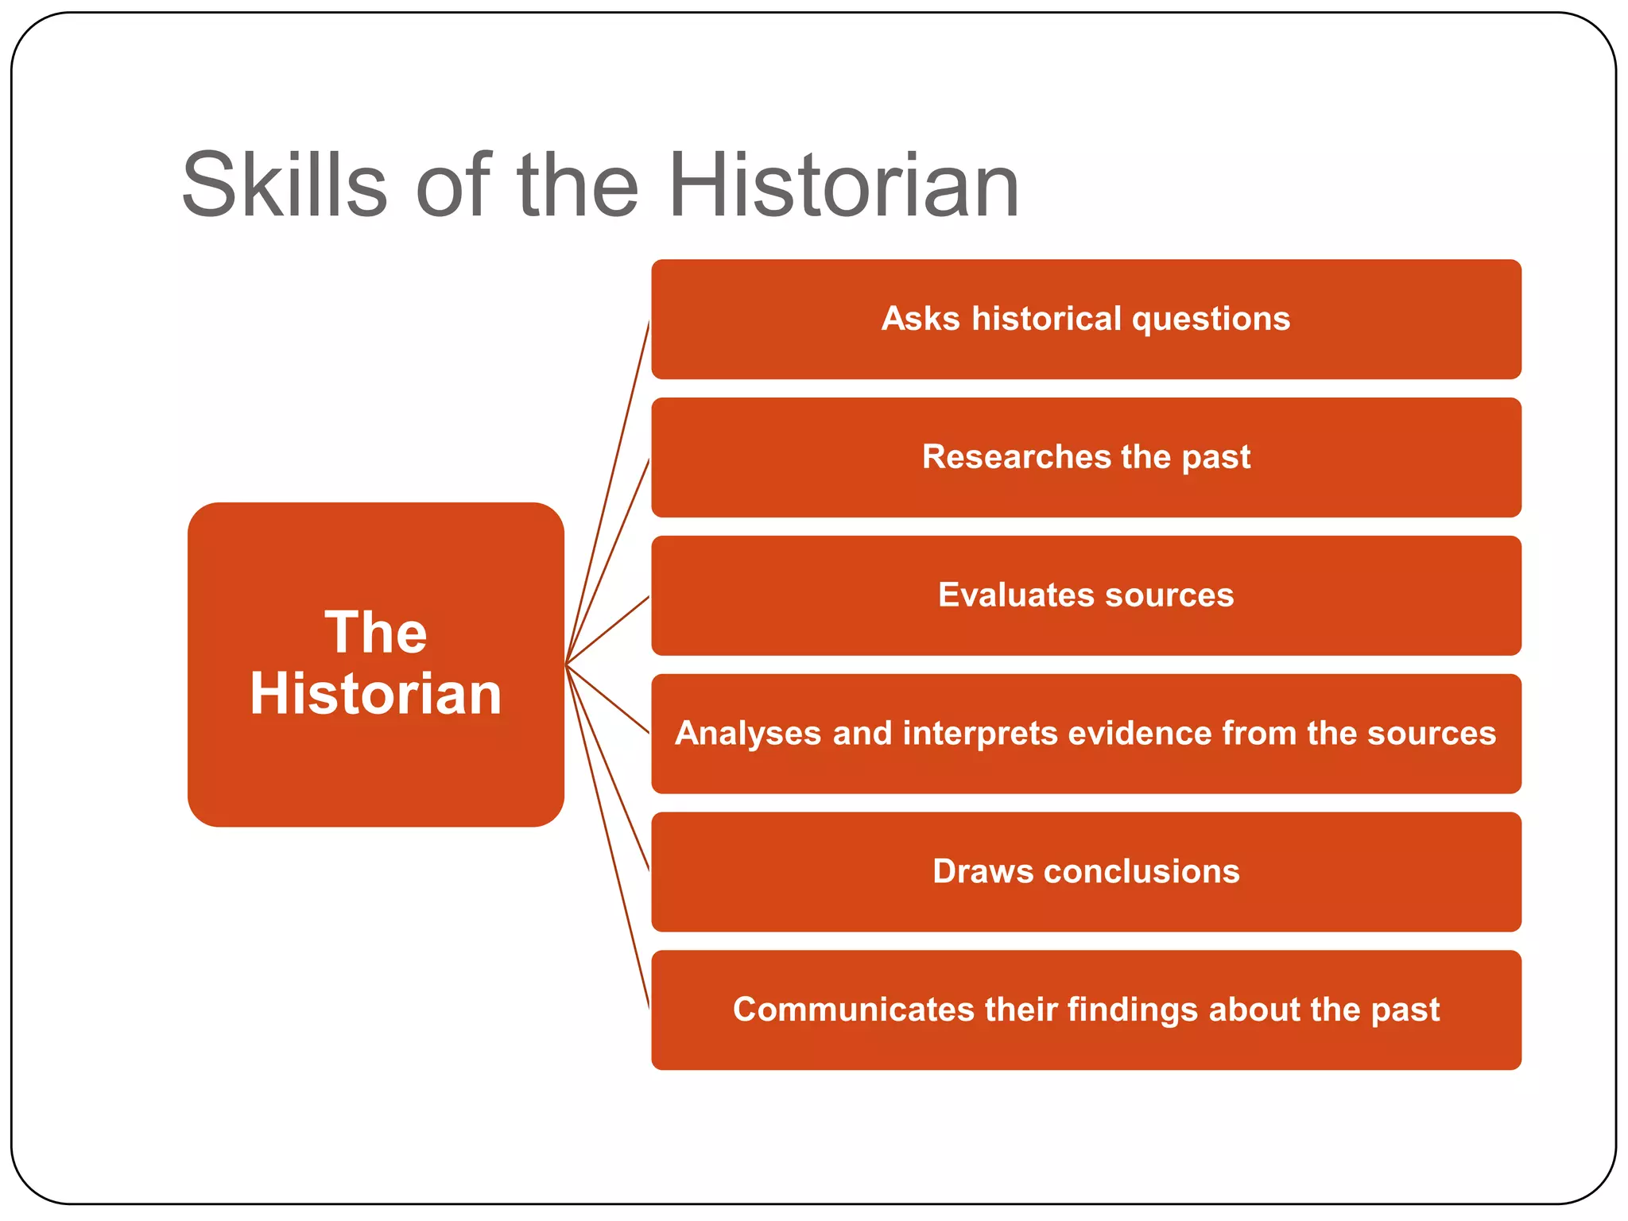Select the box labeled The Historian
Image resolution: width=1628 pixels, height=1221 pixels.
[x=375, y=763]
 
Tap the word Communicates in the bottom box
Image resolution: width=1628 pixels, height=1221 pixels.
[x=853, y=1010]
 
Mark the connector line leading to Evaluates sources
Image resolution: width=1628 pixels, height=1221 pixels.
[x=607, y=630]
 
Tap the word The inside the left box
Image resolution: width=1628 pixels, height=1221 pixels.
[x=375, y=633]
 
